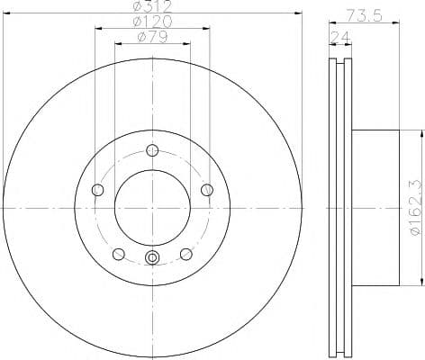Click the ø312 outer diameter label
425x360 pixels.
click(152, 6)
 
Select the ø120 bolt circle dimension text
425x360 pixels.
click(152, 22)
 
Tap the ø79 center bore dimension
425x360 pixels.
click(152, 37)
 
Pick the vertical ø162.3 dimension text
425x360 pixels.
click(415, 207)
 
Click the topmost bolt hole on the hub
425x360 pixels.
click(152, 149)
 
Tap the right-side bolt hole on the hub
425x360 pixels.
click(207, 189)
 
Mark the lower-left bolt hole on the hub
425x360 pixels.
click(118, 253)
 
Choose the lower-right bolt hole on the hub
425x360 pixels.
click(186, 253)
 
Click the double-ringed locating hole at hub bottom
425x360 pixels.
click(152, 259)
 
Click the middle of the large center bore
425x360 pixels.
click(152, 207)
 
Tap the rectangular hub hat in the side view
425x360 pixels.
click(374, 207)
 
